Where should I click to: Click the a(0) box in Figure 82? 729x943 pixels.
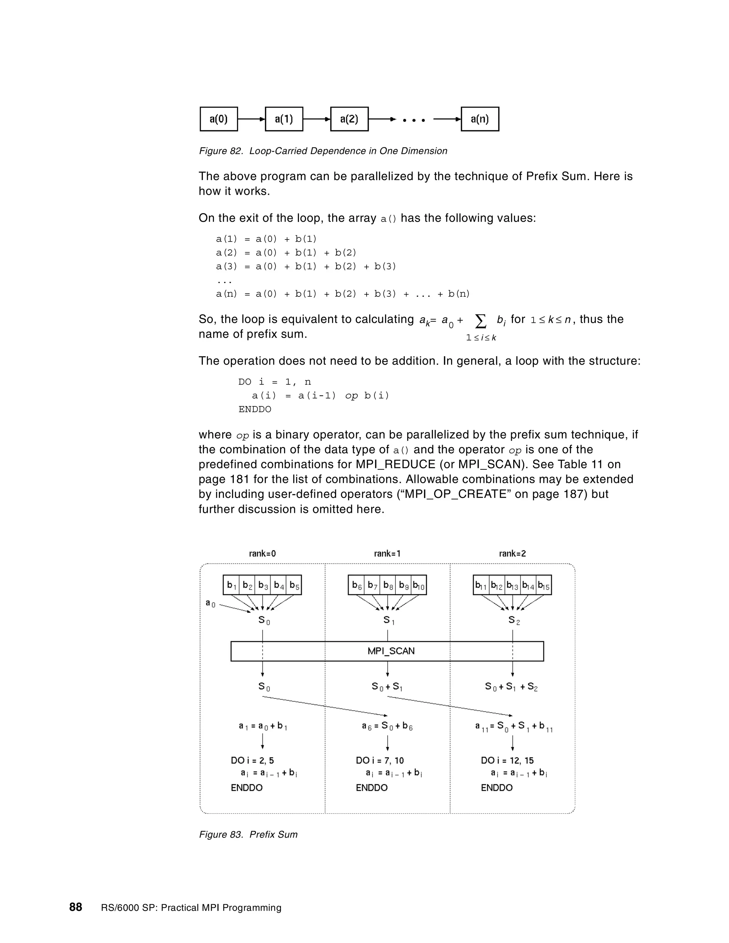click(x=219, y=119)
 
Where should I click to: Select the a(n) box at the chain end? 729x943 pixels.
click(x=479, y=119)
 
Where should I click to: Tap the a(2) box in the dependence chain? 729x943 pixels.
click(x=349, y=119)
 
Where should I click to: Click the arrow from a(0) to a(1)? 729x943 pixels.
click(x=251, y=119)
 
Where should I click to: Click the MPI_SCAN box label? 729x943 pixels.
click(x=391, y=651)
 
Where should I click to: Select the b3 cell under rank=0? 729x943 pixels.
click(x=263, y=585)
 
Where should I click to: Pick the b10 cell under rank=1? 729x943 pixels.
click(x=419, y=585)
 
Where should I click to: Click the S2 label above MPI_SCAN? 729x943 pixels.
click(x=514, y=621)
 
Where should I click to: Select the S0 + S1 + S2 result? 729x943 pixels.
click(x=511, y=686)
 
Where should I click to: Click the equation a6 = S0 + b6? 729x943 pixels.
click(x=387, y=726)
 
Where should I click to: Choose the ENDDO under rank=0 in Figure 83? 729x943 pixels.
click(x=247, y=787)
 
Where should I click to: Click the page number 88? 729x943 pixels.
click(x=75, y=907)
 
